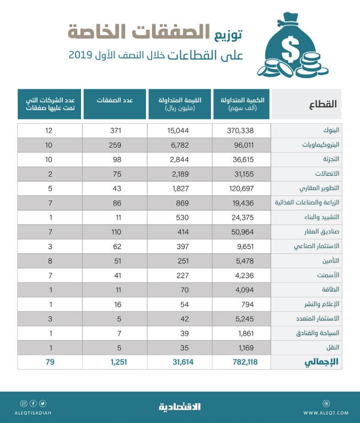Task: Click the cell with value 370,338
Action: [x=243, y=131]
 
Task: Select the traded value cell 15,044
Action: [x=180, y=131]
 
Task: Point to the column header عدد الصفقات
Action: [x=115, y=101]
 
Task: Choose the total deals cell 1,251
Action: [x=115, y=362]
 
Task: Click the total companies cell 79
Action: [x=50, y=362]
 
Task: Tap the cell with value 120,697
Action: [x=243, y=188]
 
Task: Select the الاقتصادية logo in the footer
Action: [x=180, y=407]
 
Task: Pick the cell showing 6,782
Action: [x=180, y=145]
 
